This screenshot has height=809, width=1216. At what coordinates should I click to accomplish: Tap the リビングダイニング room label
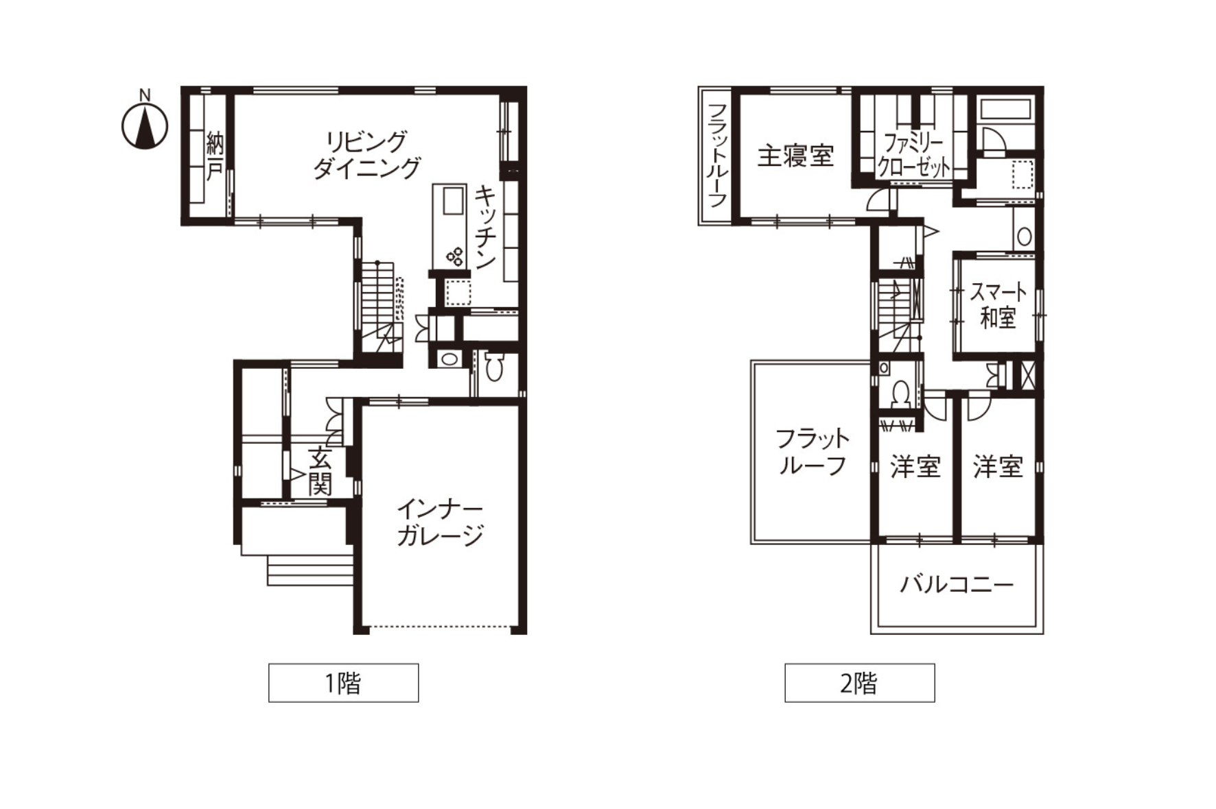click(366, 155)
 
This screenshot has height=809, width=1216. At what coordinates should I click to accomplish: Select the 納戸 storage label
click(215, 157)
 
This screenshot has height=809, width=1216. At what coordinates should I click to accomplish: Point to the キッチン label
click(485, 227)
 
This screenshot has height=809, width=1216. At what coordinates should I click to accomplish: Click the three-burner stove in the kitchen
click(454, 257)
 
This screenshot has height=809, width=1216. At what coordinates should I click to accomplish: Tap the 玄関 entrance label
click(320, 471)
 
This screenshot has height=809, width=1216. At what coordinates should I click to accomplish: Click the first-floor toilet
click(493, 367)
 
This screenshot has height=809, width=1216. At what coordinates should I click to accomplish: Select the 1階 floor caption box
click(343, 683)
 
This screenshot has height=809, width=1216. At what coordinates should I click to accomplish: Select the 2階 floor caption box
click(860, 683)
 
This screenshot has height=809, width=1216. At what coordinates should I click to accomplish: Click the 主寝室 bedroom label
click(795, 156)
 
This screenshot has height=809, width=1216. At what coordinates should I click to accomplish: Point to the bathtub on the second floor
click(1005, 110)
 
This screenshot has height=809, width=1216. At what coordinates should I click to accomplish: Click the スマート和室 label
click(998, 304)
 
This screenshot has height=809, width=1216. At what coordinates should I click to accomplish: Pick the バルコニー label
click(957, 585)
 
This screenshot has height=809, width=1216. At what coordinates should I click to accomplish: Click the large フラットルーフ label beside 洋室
click(812, 452)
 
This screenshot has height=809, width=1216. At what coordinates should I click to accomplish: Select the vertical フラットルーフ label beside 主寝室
click(716, 155)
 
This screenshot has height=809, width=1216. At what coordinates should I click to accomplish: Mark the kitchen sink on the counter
click(453, 201)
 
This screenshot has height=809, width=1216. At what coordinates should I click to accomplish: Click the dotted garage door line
click(439, 626)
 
